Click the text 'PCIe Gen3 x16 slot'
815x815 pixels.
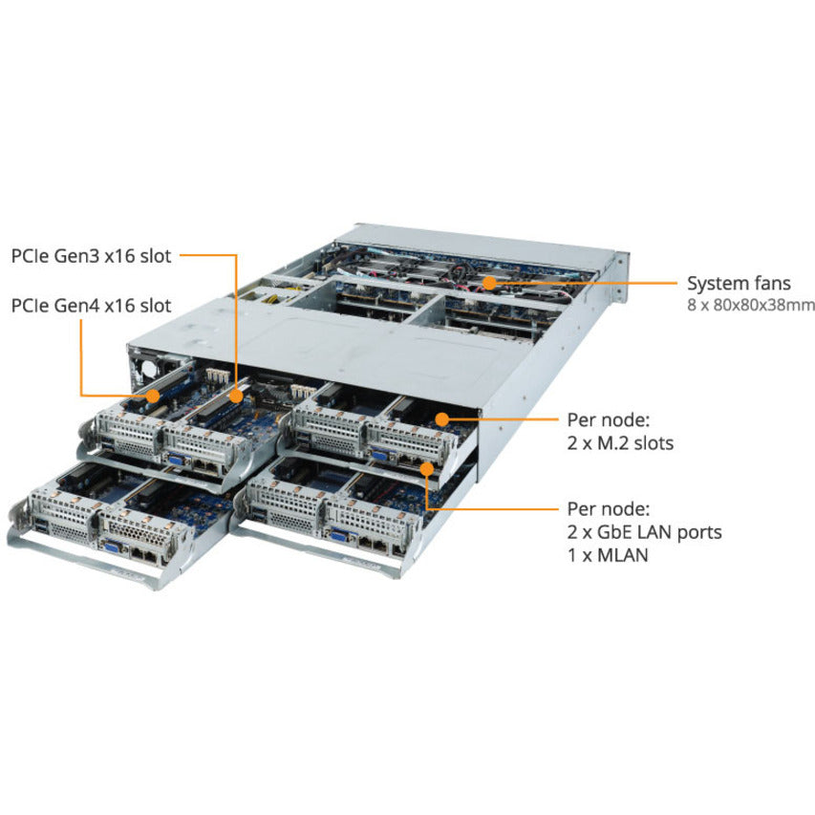91,256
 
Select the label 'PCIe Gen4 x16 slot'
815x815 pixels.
91,306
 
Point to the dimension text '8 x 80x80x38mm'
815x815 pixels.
750,306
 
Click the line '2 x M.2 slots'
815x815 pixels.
620,442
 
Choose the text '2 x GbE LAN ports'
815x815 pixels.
644,532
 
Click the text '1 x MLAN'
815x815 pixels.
607,554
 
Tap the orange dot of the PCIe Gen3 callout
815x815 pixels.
236,393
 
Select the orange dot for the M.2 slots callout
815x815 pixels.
440,417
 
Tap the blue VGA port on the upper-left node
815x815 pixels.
177,458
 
